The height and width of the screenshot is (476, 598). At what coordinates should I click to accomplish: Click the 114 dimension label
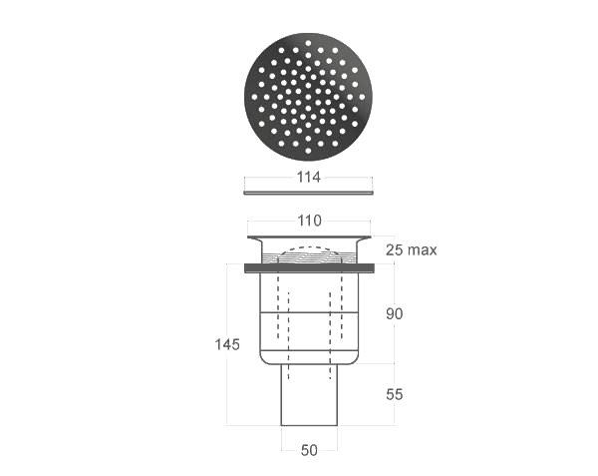309,178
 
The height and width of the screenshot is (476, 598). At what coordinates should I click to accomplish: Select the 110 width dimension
309,221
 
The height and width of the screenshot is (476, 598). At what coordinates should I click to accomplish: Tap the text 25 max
411,249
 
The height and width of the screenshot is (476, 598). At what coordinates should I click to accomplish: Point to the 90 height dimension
394,313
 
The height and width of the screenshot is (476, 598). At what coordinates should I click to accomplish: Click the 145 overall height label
227,344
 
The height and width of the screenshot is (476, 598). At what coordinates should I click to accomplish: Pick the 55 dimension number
394,394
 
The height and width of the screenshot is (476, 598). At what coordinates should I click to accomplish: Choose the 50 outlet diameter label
309,450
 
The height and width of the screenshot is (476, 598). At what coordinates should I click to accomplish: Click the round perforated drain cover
309,97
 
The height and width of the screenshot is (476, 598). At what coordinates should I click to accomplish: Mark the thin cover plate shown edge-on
309,192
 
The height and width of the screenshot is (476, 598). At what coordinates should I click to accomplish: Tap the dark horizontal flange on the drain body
309,267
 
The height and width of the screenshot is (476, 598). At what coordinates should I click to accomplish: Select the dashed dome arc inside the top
309,247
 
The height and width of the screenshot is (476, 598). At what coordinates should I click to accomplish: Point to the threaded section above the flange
309,256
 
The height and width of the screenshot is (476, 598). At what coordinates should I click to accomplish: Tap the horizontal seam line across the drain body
309,312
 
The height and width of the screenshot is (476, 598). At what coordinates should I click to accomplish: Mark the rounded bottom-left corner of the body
263,358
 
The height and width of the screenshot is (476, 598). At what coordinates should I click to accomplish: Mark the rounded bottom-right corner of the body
355,358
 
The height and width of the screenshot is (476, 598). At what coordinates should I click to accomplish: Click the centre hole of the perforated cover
309,97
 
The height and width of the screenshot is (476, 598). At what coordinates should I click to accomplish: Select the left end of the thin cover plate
247,192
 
